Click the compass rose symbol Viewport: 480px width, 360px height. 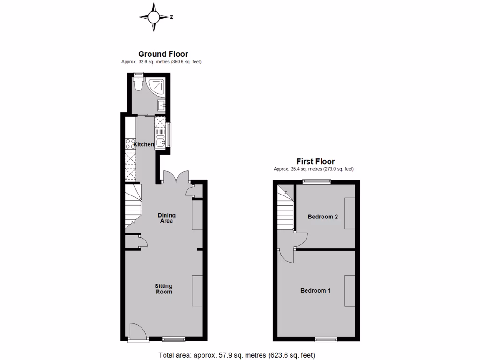click(154, 17)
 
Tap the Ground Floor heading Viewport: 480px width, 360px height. click(163, 54)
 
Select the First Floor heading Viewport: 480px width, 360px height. click(315, 162)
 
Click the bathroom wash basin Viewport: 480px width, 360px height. click(162, 105)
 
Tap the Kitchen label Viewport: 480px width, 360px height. click(144, 144)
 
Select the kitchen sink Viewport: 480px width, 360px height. click(161, 141)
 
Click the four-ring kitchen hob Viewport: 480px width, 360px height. click(130, 143)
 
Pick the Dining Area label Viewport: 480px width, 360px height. click(166, 218)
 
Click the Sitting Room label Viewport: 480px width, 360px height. click(164, 289)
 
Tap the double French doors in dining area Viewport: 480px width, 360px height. click(175, 177)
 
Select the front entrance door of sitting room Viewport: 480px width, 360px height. click(136, 331)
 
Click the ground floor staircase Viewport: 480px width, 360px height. click(133, 206)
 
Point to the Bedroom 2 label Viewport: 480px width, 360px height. click(322, 217)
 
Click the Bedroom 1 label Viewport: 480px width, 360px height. click(315, 290)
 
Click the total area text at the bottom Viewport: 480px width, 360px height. click(237, 355)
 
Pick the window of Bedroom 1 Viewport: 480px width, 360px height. click(325, 338)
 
